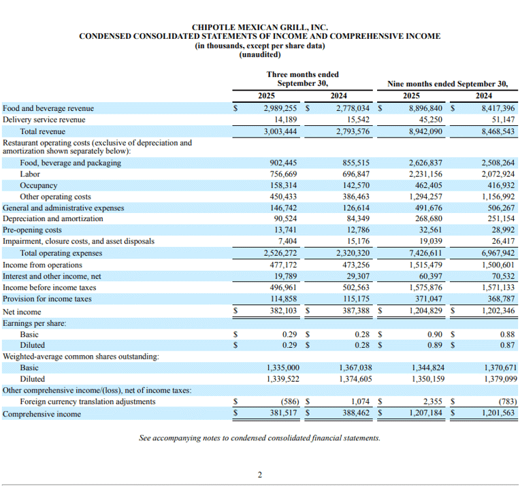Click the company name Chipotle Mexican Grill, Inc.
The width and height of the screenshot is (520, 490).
click(x=260, y=27)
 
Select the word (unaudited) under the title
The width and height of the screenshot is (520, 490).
click(x=260, y=54)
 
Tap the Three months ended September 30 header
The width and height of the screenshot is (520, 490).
click(x=302, y=78)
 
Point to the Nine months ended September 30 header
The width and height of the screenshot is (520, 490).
click(x=447, y=84)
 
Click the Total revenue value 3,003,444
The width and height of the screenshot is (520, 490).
click(x=280, y=131)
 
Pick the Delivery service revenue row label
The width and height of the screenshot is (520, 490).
click(x=44, y=120)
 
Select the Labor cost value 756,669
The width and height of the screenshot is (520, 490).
click(x=283, y=174)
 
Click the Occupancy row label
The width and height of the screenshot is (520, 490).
click(x=39, y=185)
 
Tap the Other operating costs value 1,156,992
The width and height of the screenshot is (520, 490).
click(x=498, y=197)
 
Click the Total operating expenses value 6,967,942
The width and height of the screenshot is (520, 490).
click(x=498, y=253)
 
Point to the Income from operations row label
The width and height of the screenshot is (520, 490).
click(x=42, y=265)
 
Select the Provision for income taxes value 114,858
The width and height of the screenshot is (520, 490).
click(x=284, y=299)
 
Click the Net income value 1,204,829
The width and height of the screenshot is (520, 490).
click(x=425, y=310)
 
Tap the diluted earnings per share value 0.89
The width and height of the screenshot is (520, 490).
click(x=435, y=345)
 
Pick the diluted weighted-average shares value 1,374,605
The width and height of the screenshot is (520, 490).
click(x=355, y=379)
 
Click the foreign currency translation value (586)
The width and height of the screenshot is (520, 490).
click(x=290, y=402)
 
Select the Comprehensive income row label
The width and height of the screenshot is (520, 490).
click(x=42, y=414)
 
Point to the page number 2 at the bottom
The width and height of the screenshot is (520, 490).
click(x=260, y=475)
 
